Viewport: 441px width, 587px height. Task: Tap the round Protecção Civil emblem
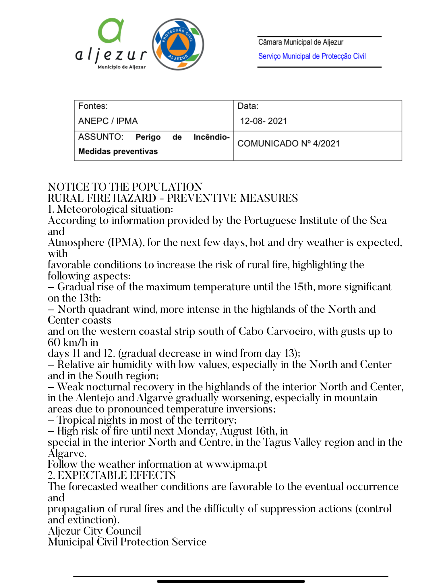178,44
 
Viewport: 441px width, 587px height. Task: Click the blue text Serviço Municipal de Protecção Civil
312,56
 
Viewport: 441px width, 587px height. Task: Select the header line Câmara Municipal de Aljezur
301,42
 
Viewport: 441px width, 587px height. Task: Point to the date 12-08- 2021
263,121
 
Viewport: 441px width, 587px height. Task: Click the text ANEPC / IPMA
108,121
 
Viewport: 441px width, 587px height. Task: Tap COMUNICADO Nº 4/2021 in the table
288,143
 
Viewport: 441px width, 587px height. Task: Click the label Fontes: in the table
93,106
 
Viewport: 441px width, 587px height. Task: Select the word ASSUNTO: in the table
101,137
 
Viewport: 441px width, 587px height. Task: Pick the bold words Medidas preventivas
118,151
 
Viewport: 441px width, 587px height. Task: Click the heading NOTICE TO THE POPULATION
125,187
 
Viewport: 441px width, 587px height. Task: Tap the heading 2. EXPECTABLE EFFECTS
112,476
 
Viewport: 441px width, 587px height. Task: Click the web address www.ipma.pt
237,464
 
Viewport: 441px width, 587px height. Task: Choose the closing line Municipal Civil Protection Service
127,542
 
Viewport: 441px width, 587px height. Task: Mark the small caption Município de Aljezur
122,67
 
